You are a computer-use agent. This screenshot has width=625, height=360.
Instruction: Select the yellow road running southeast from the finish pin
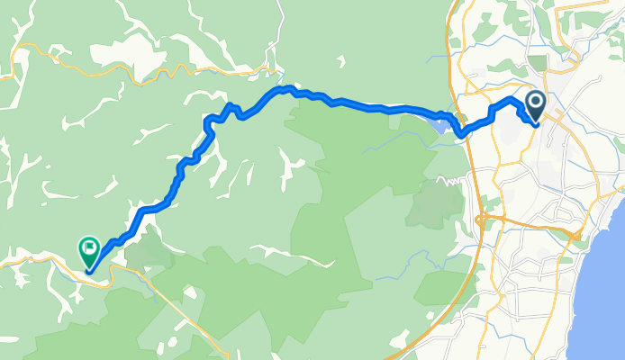[x=171, y=292]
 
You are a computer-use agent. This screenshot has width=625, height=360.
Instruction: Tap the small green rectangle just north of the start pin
[x=537, y=63]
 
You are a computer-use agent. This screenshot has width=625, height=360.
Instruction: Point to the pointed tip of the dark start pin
[x=535, y=121]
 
